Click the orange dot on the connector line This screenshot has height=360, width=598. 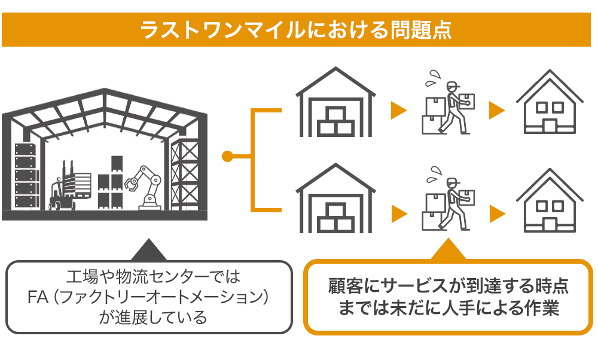click(x=227, y=157)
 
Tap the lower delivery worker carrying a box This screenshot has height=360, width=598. click(x=448, y=206)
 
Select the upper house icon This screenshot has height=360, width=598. click(x=550, y=103)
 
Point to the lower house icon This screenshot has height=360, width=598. click(x=550, y=202)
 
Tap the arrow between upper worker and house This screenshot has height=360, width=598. click(x=497, y=110)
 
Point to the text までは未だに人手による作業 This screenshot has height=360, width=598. click(x=448, y=309)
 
